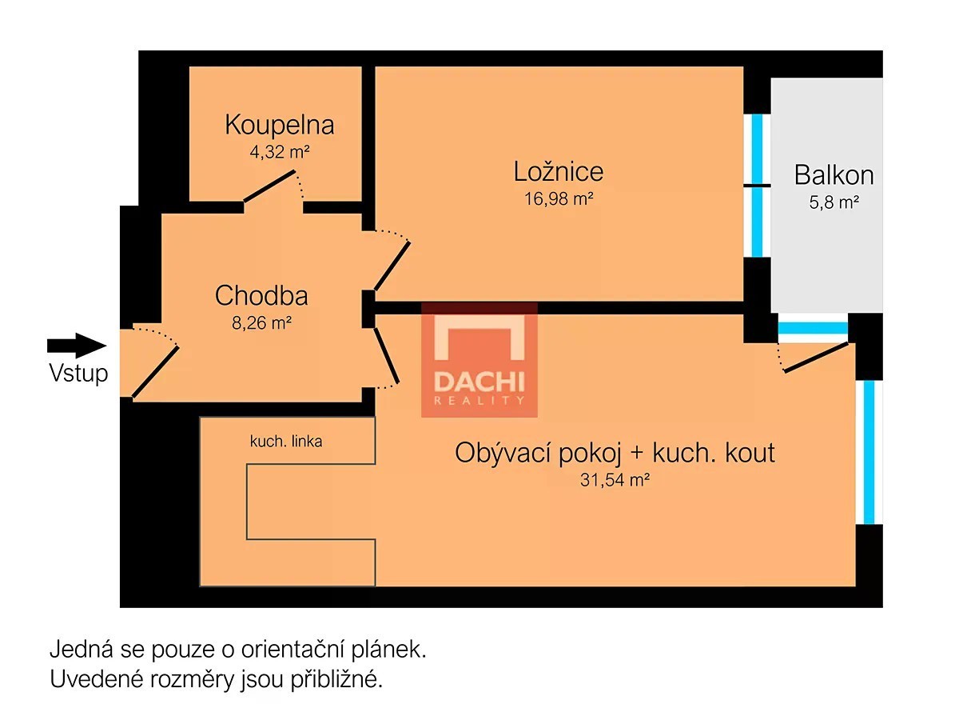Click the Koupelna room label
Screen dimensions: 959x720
click(x=279, y=125)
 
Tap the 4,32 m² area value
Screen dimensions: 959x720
click(x=279, y=152)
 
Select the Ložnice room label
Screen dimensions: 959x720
click(x=558, y=171)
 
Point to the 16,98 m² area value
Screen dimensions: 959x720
click(x=559, y=199)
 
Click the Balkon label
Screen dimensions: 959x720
click(x=834, y=175)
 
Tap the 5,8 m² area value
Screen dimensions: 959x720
click(x=834, y=202)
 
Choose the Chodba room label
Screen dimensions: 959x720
click(x=261, y=295)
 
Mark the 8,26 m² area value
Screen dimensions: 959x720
click(x=261, y=322)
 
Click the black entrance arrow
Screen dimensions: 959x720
click(x=77, y=346)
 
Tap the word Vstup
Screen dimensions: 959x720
click(x=78, y=373)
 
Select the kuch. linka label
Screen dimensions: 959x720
click(x=286, y=441)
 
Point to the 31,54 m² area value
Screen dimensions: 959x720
click(x=615, y=480)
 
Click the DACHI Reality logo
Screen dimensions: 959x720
click(x=479, y=359)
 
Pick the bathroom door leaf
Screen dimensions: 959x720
click(x=269, y=186)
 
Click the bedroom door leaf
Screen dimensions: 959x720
click(x=392, y=266)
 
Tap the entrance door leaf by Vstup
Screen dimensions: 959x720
click(x=155, y=372)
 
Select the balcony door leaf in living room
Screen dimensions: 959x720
click(x=816, y=358)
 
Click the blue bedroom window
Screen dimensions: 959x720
click(x=757, y=186)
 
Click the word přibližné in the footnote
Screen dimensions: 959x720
click(x=336, y=680)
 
